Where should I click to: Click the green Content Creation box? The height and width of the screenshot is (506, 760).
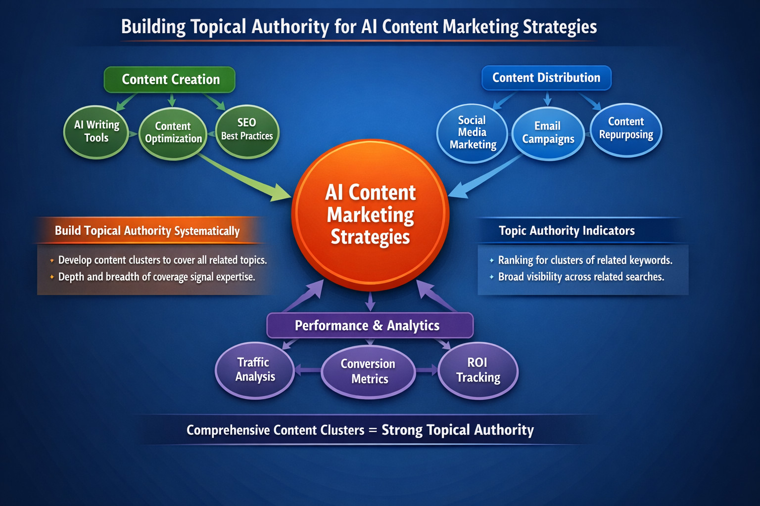coord(170,80)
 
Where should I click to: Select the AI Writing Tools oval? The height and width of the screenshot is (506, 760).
coord(96,132)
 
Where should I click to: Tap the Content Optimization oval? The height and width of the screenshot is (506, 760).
coord(173,133)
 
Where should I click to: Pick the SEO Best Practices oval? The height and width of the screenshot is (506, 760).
coord(247,130)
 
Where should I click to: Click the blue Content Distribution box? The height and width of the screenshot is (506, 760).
coord(546,78)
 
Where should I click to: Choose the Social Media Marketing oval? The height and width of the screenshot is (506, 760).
coord(473,132)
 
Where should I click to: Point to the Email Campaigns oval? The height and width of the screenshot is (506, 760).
coord(548,133)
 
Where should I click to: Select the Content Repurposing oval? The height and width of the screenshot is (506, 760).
coord(626,129)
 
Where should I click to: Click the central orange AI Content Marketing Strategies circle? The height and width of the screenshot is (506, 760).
coord(370,214)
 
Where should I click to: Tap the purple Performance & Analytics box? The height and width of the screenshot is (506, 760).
coord(370,326)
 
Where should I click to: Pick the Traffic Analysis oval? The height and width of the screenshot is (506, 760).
coord(255,370)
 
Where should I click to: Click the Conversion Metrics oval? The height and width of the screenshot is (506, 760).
coord(368,372)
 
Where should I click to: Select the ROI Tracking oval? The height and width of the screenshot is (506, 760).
coord(478,370)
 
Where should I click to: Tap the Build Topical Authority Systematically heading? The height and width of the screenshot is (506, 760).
coord(147,231)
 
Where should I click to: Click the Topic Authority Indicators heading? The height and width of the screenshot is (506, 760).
coord(567,231)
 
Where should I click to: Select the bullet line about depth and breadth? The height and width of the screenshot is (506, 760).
coord(156,277)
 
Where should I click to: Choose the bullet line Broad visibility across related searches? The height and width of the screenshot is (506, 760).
coord(581,277)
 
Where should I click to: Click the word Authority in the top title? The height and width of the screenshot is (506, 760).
coord(290,27)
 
